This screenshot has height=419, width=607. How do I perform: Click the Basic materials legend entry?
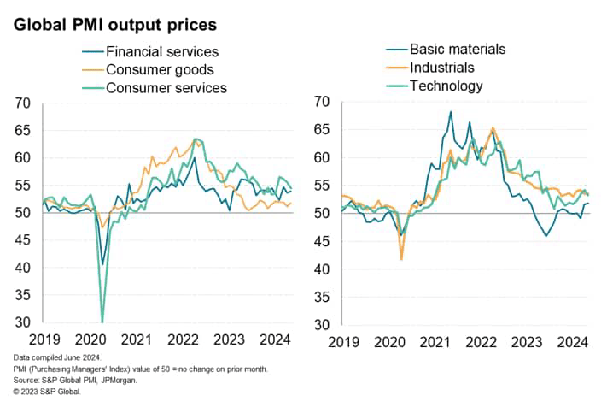[x=457, y=49]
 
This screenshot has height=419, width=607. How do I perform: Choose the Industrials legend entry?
[x=441, y=67]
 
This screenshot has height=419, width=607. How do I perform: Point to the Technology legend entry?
[x=446, y=86]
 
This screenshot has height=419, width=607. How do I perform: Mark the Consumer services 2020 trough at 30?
[x=102, y=322]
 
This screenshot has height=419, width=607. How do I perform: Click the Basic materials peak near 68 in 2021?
[x=451, y=112]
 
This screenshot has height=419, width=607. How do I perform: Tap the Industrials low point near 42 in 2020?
[x=401, y=258]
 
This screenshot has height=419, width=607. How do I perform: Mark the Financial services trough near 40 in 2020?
[x=102, y=264]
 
